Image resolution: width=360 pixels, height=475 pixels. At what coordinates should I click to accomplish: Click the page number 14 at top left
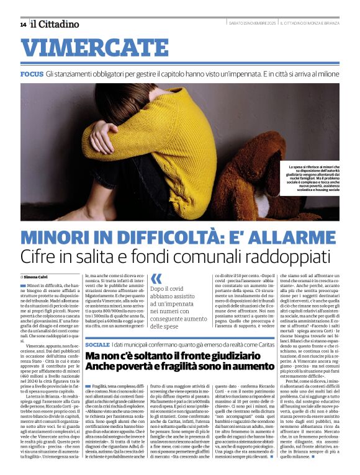tap(23, 24)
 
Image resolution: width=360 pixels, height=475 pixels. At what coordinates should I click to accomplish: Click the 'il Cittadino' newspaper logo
tap(55, 24)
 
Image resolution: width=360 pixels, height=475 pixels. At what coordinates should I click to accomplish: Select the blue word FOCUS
tap(31, 74)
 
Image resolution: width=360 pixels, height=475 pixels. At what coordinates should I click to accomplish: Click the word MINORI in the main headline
tap(58, 237)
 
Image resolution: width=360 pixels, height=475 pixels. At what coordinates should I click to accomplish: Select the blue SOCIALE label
tap(97, 344)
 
